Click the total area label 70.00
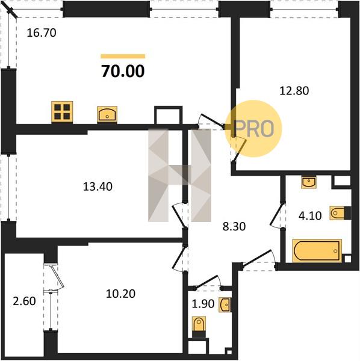pos(123,71)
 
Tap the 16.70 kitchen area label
pos(42,33)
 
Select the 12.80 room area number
pos(294,91)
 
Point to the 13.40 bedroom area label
pos(98,187)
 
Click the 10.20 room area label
pos(120,294)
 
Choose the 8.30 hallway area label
pos(234,227)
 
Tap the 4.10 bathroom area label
pos(310,216)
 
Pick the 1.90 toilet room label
pos(203,304)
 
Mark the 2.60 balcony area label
pos(24,301)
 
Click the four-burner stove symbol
pos(62,112)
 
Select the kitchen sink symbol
pos(107,114)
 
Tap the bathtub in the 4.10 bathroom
pos(317,251)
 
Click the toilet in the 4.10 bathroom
pos(340,213)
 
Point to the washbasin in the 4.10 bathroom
pos(309,182)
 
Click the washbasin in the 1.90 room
pos(225,305)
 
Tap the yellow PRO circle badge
pos(253,129)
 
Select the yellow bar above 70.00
pos(123,57)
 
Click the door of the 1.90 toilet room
pos(207,282)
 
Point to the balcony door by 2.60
pos(57,277)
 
